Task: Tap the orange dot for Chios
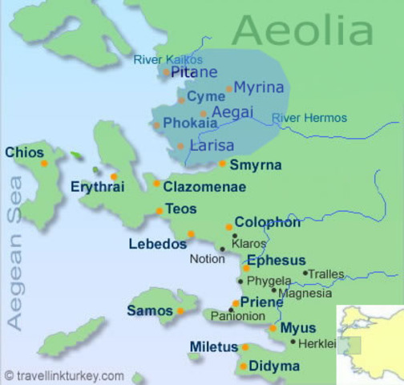(x=44, y=164)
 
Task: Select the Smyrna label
(x=255, y=165)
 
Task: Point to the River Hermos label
(x=309, y=118)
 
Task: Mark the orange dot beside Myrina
(x=229, y=89)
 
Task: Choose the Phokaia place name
(x=190, y=124)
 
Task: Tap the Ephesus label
(x=276, y=260)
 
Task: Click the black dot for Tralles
(x=305, y=273)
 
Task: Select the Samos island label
(x=149, y=310)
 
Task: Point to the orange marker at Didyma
(x=244, y=367)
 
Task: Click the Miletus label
(x=213, y=347)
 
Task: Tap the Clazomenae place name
(x=204, y=187)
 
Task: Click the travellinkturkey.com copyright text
(x=64, y=375)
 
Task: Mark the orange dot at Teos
(x=160, y=212)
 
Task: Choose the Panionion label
(x=237, y=317)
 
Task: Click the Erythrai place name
(x=99, y=186)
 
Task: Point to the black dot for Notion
(x=222, y=249)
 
